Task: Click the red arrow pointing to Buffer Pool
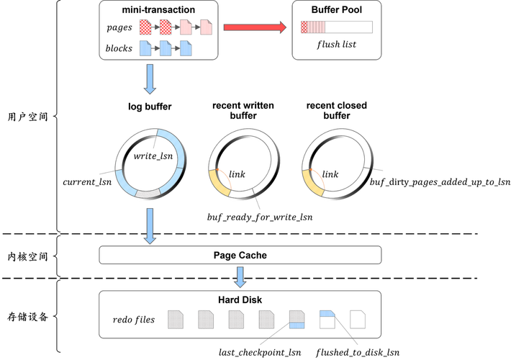pos(255,27)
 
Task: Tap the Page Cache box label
pos(240,256)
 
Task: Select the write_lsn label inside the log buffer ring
pos(153,156)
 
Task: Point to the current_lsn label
pos(87,182)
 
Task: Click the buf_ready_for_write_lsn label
pos(260,217)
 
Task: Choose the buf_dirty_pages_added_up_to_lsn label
pos(440,182)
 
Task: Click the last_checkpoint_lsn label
pos(260,353)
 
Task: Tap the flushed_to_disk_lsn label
pos(358,353)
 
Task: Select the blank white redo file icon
pos(358,319)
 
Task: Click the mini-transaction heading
pos(158,10)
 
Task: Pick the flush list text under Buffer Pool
pos(336,44)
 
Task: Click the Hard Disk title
pos(240,300)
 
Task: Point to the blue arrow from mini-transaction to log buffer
pos(150,79)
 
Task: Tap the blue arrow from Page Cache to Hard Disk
pos(240,277)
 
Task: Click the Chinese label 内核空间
pos(27,256)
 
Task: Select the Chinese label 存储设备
pos(27,317)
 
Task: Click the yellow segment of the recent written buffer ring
pos(219,184)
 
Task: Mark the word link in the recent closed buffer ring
pos(330,174)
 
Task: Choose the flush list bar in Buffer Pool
pos(337,27)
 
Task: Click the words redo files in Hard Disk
pos(134,320)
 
